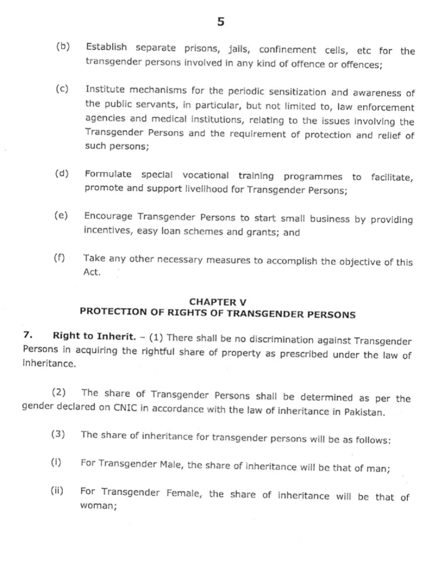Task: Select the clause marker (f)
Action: (60, 257)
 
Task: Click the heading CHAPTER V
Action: (217, 301)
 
